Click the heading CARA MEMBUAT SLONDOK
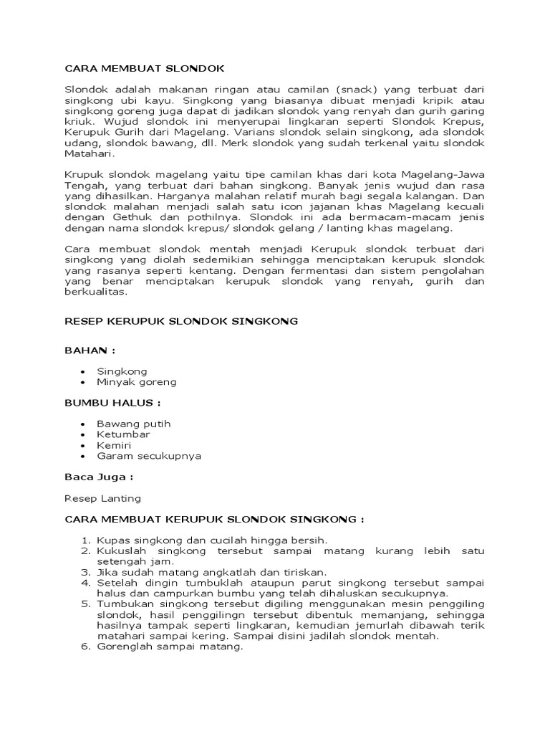click(x=145, y=68)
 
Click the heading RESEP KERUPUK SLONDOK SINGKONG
click(x=181, y=322)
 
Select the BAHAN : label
click(x=90, y=351)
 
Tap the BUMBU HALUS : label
click(x=112, y=403)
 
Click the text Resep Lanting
click(x=102, y=497)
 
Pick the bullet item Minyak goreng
click(x=136, y=382)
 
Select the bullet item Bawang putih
click(x=134, y=424)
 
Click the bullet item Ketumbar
click(x=123, y=434)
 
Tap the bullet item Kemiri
click(x=113, y=445)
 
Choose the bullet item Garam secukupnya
click(x=149, y=456)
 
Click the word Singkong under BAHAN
click(x=122, y=371)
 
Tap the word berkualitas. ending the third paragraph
click(x=95, y=292)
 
